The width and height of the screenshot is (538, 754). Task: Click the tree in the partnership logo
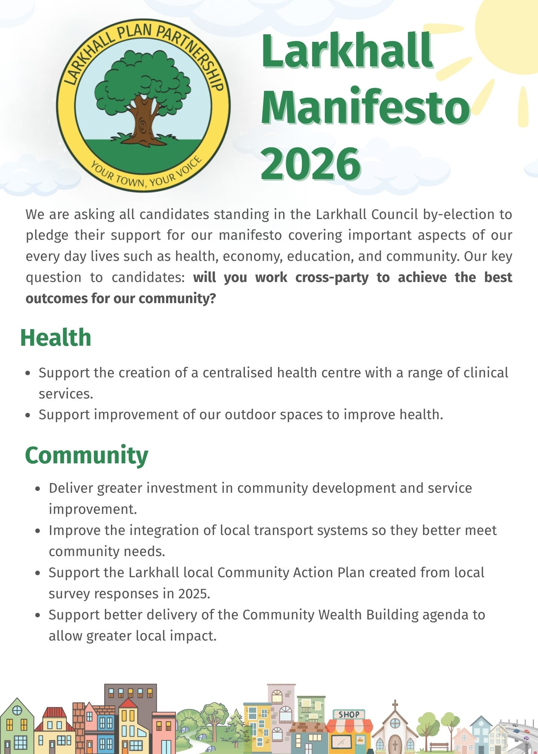(x=143, y=98)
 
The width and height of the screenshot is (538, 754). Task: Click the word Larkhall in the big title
(x=347, y=51)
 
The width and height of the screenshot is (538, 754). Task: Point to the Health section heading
(x=56, y=337)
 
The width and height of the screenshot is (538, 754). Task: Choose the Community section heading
(x=87, y=456)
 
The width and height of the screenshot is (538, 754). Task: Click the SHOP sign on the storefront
(x=349, y=714)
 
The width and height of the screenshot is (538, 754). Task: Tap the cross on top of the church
(x=395, y=705)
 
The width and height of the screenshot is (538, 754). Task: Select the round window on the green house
(x=17, y=710)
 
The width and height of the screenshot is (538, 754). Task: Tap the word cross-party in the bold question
(x=332, y=278)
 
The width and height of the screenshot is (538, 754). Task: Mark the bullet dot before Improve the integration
(x=37, y=531)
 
